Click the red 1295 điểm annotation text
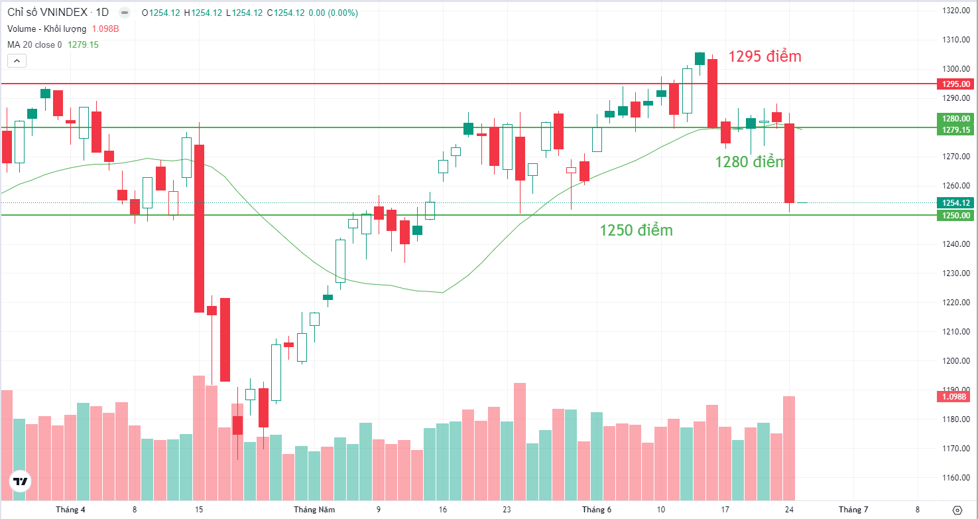coord(764,56)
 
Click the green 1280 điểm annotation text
coord(750,162)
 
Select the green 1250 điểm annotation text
coord(636,230)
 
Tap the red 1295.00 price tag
coord(955,84)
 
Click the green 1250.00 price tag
coord(955,216)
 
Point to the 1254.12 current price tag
coord(955,202)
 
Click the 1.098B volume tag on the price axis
coord(954,397)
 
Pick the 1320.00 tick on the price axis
coord(955,11)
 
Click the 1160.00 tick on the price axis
coord(955,477)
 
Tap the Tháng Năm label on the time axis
coord(314,510)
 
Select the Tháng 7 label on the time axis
coord(853,510)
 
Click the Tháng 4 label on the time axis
coord(70,510)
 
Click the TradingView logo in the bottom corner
coord(20,481)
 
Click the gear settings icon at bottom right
coord(957,510)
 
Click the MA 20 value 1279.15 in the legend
coord(83,44)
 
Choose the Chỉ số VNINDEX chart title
coord(58,12)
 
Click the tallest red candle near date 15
coord(199,228)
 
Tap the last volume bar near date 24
coord(789,448)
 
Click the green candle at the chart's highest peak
coord(700,58)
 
